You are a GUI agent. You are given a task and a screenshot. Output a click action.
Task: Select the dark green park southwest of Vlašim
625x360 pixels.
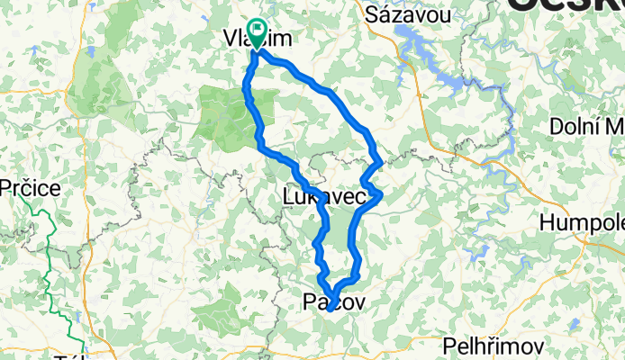(225, 117)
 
